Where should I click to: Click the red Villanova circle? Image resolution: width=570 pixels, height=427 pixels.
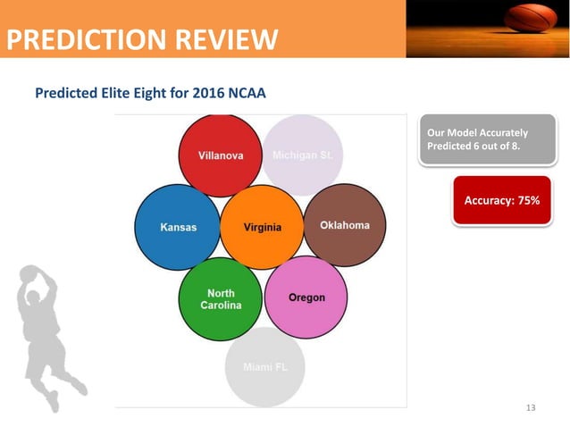point(221,155)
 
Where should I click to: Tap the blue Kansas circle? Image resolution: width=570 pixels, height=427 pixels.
point(178,227)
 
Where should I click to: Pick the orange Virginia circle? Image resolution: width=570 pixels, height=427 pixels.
point(262,227)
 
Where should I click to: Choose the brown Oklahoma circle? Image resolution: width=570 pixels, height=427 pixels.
point(345,225)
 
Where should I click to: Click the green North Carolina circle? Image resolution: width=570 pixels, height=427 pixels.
point(220,298)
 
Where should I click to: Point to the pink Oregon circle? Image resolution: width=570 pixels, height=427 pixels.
point(306,297)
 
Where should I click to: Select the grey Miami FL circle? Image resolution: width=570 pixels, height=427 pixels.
point(264,367)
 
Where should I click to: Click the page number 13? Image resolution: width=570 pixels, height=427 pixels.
point(532,407)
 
